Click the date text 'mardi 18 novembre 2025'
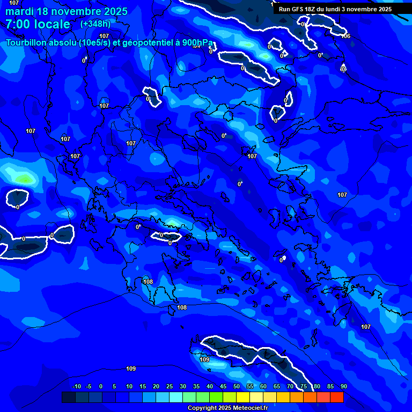click(x=67, y=11)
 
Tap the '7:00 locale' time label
click(x=38, y=24)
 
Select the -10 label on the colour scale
click(x=76, y=386)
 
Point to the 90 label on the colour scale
click(x=343, y=386)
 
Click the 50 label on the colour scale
click(x=237, y=386)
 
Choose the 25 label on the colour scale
click(x=170, y=386)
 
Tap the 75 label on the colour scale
click(x=304, y=386)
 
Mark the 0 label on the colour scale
click(x=101, y=386)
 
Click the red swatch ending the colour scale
click(x=336, y=397)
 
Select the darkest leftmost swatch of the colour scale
click(x=68, y=397)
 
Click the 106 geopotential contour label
click(x=346, y=36)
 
